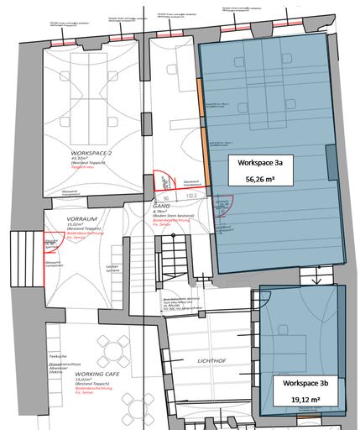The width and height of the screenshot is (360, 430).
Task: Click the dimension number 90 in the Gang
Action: pos(167,199)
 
